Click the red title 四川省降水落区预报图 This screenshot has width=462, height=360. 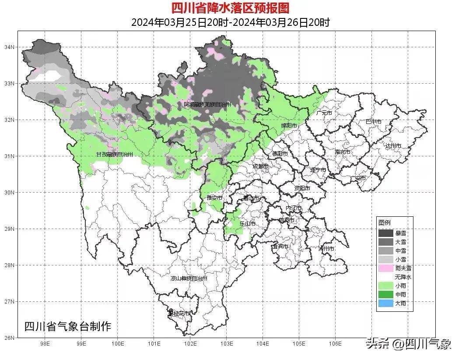[x=230, y=8]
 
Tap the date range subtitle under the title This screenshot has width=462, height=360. [x=230, y=22]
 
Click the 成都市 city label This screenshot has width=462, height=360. [x=261, y=166]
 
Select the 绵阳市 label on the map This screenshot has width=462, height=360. [x=289, y=126]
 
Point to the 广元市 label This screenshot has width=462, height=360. [x=324, y=113]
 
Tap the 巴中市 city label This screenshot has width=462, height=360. [x=373, y=122]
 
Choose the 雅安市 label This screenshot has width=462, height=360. [x=214, y=198]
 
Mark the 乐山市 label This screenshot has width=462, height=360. [x=248, y=223]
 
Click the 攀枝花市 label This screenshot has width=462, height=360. [x=179, y=314]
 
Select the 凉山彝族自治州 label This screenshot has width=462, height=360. [x=189, y=278]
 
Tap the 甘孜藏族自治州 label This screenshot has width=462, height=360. [x=115, y=155]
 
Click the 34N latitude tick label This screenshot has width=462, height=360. [x=9, y=47]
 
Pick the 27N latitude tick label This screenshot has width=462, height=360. [x=9, y=301]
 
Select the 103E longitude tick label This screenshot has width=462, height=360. [x=226, y=344]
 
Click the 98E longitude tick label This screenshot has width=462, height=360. [x=45, y=344]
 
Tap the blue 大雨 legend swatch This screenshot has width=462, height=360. [x=385, y=303]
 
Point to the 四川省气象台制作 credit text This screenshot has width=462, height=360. [x=67, y=326]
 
